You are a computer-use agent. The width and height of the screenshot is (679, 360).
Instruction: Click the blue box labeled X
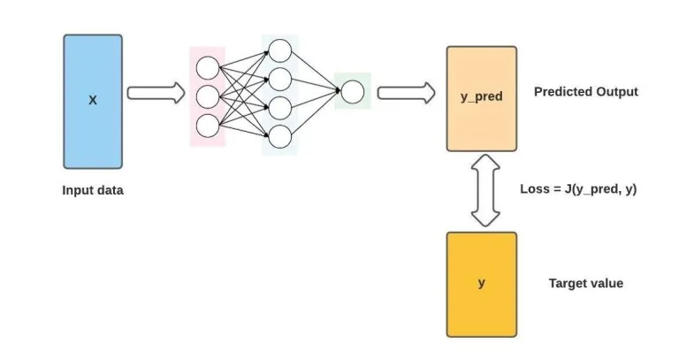92,102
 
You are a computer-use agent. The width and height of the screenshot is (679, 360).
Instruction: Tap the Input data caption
92,189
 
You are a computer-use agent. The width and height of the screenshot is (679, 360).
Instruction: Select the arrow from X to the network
156,92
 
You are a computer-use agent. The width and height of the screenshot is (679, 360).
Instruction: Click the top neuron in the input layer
207,67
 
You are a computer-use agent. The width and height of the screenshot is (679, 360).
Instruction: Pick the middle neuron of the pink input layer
207,96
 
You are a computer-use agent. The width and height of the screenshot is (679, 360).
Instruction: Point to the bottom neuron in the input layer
207,126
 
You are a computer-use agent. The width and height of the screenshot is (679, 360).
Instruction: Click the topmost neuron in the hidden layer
279,50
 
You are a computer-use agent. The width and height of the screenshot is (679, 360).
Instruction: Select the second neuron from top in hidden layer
279,78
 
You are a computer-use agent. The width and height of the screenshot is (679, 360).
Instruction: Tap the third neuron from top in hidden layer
279,107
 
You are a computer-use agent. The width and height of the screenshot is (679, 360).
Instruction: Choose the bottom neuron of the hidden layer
279,136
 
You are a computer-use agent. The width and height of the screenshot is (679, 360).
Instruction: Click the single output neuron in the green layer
352,92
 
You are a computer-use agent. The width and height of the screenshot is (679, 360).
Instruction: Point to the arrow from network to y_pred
406,92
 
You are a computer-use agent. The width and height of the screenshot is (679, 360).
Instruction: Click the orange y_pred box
482,97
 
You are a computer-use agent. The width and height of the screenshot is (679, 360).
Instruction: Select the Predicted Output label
585,92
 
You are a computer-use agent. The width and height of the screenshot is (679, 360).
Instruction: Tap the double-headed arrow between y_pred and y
483,190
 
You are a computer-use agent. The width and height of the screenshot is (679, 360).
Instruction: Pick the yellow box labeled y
482,284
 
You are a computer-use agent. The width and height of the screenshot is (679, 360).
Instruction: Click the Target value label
585,283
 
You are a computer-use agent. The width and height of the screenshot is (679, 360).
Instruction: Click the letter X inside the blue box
92,101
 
